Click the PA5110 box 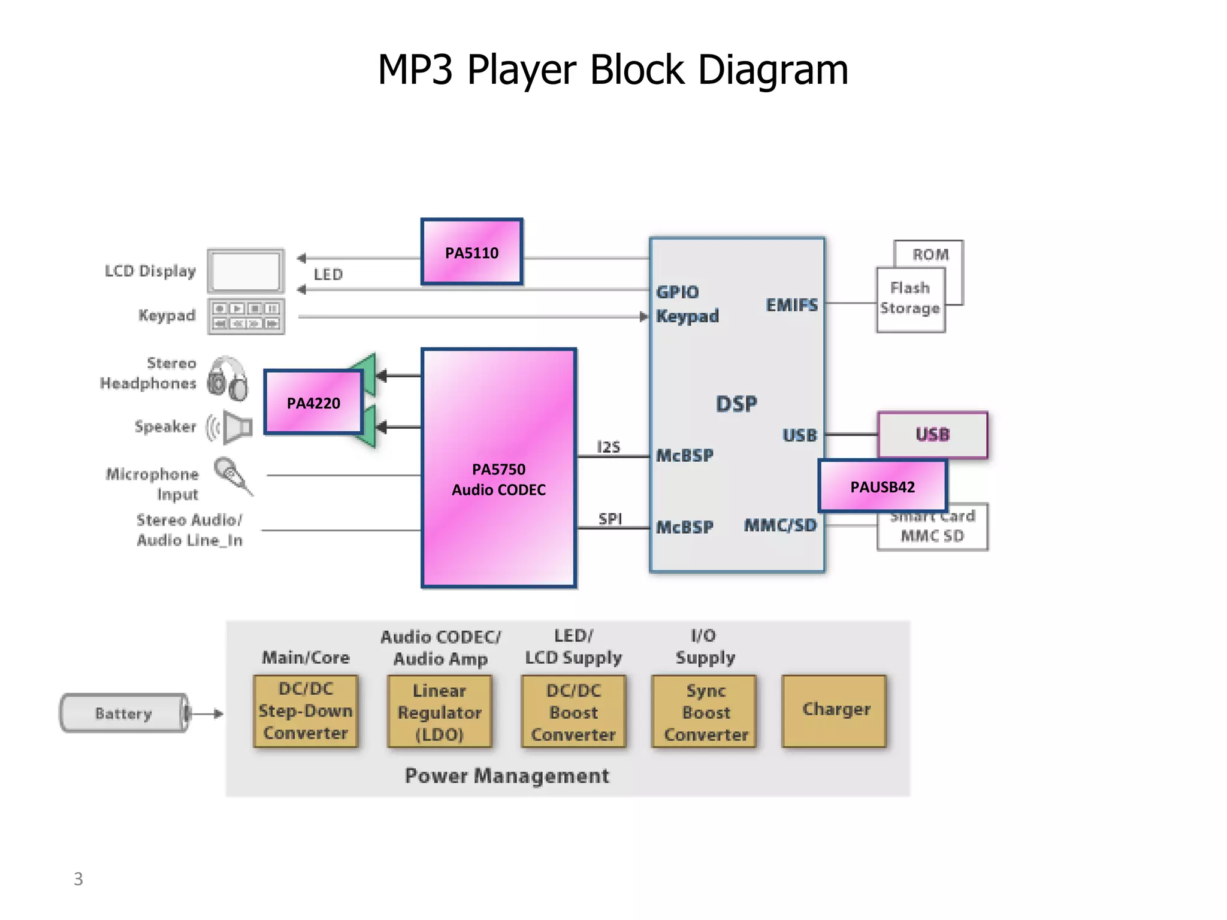point(472,252)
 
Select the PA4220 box point(313,402)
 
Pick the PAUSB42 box point(883,486)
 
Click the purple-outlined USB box point(932,434)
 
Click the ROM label point(930,255)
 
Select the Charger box point(835,710)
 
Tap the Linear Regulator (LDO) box point(439,712)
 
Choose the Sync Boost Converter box point(705,712)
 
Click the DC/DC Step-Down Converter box point(306,710)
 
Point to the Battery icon point(124,713)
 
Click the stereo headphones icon point(228,378)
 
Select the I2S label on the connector point(608,447)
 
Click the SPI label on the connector point(610,518)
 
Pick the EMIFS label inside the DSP point(791,305)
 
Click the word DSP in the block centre point(736,404)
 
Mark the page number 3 point(78,879)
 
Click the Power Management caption point(507,776)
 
